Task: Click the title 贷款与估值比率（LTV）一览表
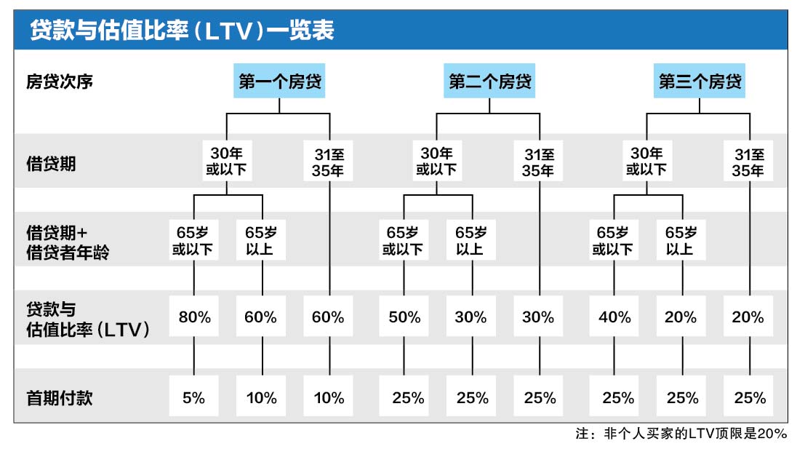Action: click(182, 31)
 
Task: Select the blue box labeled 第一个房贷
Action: click(279, 82)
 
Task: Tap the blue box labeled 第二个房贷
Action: click(489, 82)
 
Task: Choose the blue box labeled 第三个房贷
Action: click(700, 82)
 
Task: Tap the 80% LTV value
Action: click(194, 317)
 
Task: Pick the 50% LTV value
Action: click(404, 317)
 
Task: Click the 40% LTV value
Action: click(614, 317)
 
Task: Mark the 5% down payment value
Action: click(194, 398)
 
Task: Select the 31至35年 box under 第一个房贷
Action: click(329, 162)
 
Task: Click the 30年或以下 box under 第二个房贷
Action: click(436, 162)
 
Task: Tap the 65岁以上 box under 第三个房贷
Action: click(681, 241)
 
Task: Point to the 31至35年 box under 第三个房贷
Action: click(748, 162)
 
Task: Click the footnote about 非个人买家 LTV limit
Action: click(681, 434)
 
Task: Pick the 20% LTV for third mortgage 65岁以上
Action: click(681, 317)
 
